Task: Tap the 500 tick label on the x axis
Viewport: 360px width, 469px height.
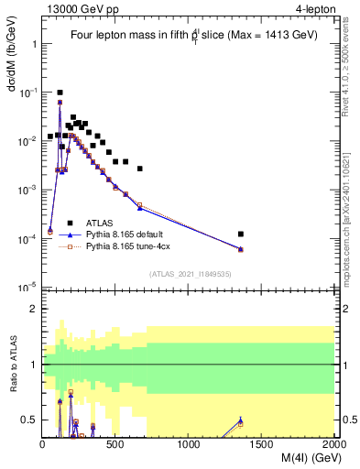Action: pyautogui.click(x=115, y=444)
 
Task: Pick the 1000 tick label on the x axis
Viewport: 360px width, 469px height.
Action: pyautogui.click(x=189, y=444)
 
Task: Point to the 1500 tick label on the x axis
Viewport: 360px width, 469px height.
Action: pyautogui.click(x=262, y=444)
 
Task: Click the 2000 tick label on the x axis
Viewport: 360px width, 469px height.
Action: pyautogui.click(x=333, y=444)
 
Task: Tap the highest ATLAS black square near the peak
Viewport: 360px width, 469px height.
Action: pyautogui.click(x=60, y=93)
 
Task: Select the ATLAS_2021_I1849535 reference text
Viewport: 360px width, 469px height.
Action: pyautogui.click(x=189, y=273)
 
